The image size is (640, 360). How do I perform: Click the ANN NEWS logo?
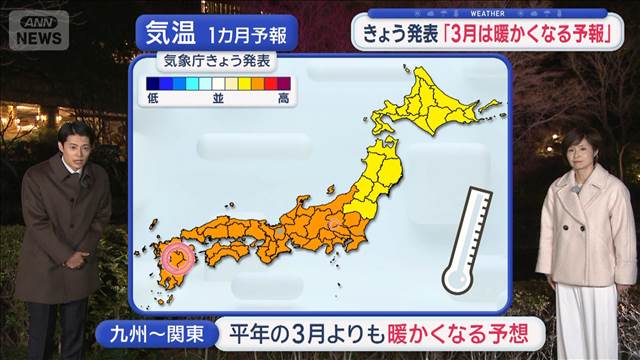click(38, 30)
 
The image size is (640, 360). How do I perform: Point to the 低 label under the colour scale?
click(152, 99)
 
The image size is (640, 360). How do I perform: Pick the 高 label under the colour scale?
click(284, 99)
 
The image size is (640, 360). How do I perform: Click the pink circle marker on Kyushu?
click(177, 258)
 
